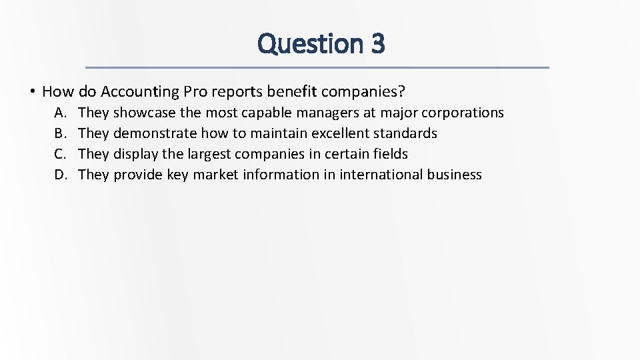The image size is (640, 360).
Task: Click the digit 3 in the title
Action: click(377, 44)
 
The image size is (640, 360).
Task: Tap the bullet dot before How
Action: click(32, 91)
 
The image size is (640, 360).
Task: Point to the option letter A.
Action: click(60, 113)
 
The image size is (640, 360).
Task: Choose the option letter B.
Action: click(60, 133)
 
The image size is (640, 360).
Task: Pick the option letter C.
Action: click(60, 154)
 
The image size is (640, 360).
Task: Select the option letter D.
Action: click(61, 175)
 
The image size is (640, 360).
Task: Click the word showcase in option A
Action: click(145, 113)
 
